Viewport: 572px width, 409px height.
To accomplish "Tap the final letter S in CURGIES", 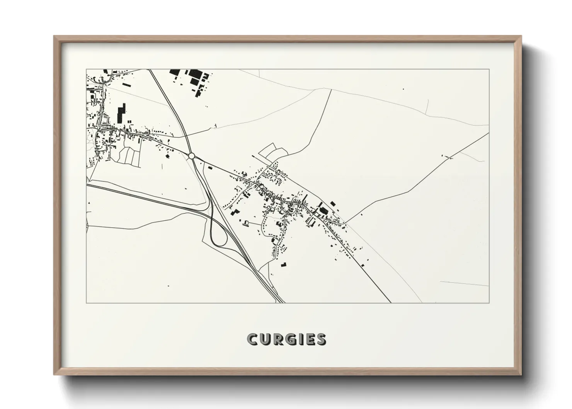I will pyautogui.click(x=321, y=339).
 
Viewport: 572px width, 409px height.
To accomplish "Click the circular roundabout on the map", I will pyautogui.click(x=191, y=156).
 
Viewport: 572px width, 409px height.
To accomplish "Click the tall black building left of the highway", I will pyautogui.click(x=122, y=112).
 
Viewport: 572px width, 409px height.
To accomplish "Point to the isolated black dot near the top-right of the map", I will pyautogui.click(x=403, y=89).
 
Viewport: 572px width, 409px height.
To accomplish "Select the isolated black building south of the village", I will pyautogui.click(x=284, y=264).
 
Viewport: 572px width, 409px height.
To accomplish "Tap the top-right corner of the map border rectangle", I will pyautogui.click(x=489, y=70).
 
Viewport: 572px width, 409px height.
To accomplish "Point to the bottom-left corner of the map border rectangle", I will pyautogui.click(x=87, y=303).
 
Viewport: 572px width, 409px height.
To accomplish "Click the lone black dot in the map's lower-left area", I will pyautogui.click(x=169, y=286).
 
